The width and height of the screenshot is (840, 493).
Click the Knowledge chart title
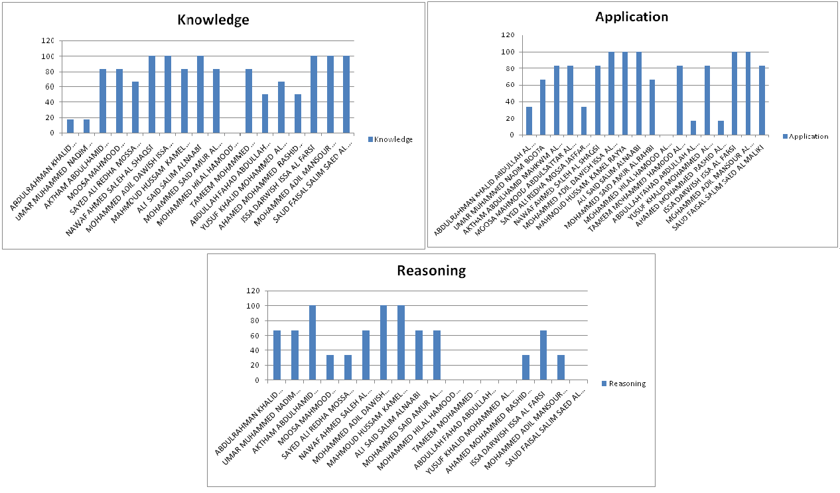tap(213, 20)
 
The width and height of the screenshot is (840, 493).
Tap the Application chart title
tap(632, 17)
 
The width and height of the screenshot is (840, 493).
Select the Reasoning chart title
tap(431, 270)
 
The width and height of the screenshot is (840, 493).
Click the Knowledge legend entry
tap(393, 139)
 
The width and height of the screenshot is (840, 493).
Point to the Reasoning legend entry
tap(626, 384)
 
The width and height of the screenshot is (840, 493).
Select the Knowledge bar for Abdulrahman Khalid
tap(70, 126)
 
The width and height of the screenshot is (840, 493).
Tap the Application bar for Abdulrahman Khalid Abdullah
tap(529, 121)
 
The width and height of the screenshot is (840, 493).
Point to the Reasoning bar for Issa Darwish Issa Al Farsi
tap(543, 356)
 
